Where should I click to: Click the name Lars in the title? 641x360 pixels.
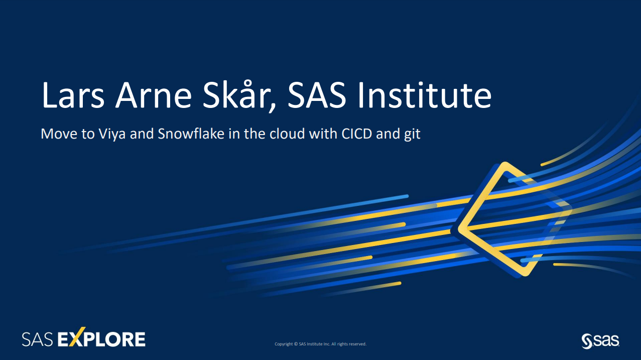click(73, 95)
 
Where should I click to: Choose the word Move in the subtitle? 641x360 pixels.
click(56, 135)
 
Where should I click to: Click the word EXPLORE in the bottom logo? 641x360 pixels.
click(102, 339)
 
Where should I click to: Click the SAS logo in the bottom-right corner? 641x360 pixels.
click(600, 340)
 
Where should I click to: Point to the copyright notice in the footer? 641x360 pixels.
click(320, 344)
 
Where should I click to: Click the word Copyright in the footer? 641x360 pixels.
click(284, 344)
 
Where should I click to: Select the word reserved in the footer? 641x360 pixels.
click(357, 344)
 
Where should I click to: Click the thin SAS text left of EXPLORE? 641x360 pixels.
click(38, 339)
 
